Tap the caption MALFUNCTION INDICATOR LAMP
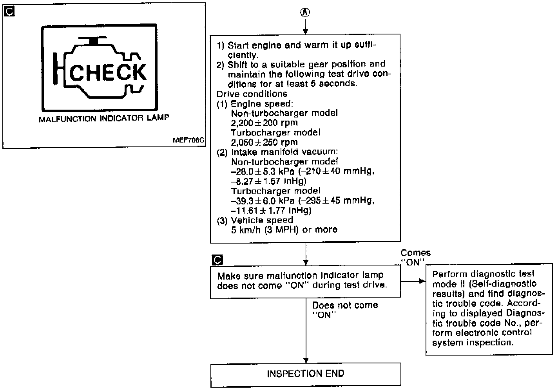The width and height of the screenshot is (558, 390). pyautogui.click(x=104, y=119)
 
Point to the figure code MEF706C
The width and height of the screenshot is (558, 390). pyautogui.click(x=188, y=140)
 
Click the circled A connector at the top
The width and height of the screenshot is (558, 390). pyautogui.click(x=305, y=13)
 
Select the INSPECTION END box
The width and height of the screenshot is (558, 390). pyautogui.click(x=306, y=374)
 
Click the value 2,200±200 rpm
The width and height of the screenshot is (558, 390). pyautogui.click(x=265, y=123)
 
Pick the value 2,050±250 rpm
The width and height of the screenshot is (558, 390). pyautogui.click(x=265, y=142)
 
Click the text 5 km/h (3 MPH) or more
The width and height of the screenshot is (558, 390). pyautogui.click(x=284, y=229)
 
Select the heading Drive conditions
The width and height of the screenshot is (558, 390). pyautogui.click(x=252, y=94)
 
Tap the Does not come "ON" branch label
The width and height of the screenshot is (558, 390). pyautogui.click(x=344, y=310)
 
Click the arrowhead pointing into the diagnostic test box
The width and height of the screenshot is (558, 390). pyautogui.click(x=422, y=281)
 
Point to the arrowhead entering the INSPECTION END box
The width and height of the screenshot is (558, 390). pyautogui.click(x=306, y=361)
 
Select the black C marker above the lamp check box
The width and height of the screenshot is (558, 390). pyautogui.click(x=217, y=260)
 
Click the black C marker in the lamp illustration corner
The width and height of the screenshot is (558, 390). pyautogui.click(x=9, y=11)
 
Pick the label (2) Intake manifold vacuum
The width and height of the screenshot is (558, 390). pyautogui.click(x=277, y=152)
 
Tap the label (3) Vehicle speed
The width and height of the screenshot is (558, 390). pyautogui.click(x=255, y=220)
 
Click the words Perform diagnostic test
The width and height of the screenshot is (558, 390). pyautogui.click(x=484, y=274)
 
